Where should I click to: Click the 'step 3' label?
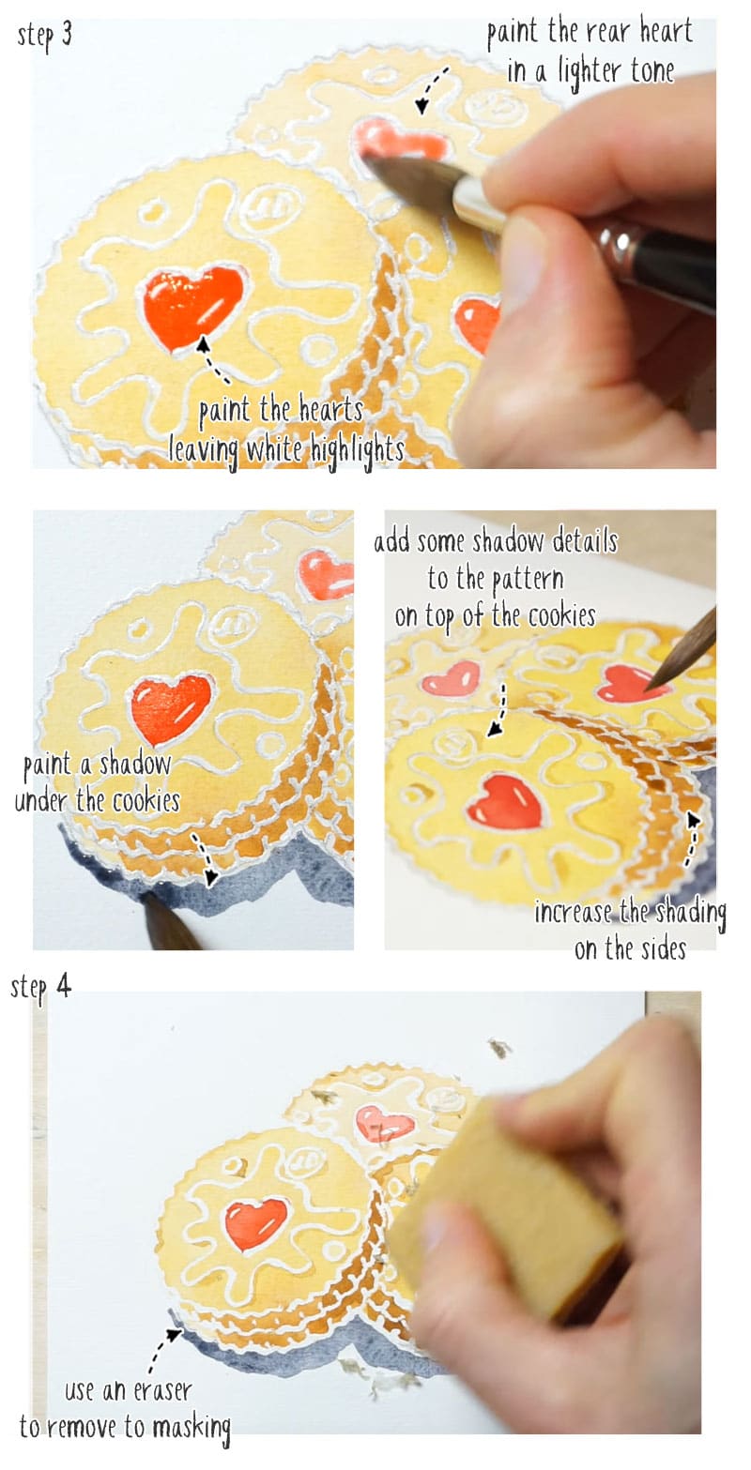click(45, 38)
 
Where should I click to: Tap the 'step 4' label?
click(41, 987)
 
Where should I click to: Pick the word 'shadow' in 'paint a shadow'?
click(136, 765)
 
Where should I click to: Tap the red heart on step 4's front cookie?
click(254, 1221)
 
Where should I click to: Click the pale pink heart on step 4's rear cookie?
click(384, 1123)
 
